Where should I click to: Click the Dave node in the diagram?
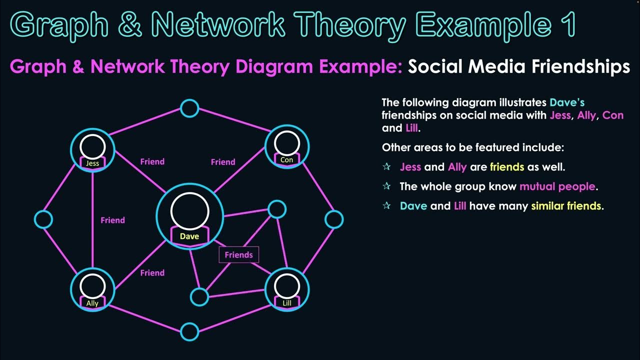point(189,215)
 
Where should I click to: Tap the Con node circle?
point(287,146)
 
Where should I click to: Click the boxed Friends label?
point(239,255)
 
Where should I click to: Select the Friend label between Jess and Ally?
point(112,220)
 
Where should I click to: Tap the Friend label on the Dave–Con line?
point(223,162)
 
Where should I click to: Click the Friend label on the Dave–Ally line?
point(152,273)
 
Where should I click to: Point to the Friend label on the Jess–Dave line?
point(152,162)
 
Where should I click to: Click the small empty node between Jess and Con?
point(189,108)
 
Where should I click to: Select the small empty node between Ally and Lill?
point(189,331)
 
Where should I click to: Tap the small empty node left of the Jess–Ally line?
point(43,219)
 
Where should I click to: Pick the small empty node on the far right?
point(334,219)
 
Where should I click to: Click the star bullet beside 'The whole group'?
point(386,186)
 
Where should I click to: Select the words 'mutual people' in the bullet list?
point(557,186)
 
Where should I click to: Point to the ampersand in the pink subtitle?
point(78,66)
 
